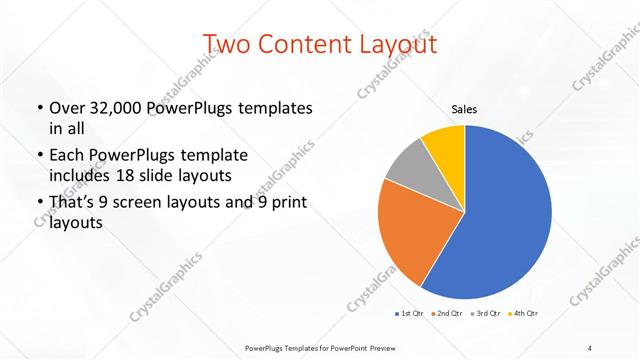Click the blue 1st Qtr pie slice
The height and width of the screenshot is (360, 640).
click(x=505, y=215)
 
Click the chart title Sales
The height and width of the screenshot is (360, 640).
click(x=465, y=109)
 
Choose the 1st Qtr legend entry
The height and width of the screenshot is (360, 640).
click(x=410, y=314)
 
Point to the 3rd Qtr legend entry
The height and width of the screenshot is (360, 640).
click(x=485, y=314)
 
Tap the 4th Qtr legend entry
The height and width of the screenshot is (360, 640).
click(x=524, y=314)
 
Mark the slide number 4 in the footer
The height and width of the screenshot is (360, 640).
click(x=590, y=347)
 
